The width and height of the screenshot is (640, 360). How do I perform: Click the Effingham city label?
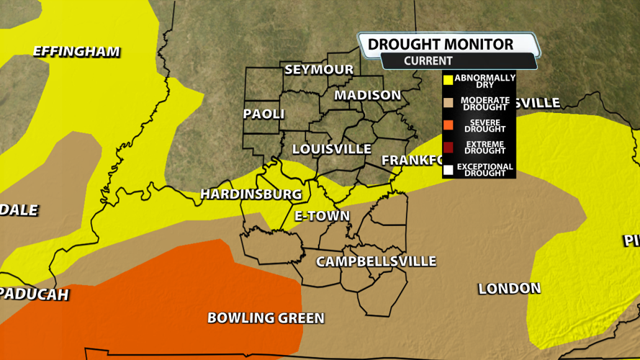click(x=76, y=52)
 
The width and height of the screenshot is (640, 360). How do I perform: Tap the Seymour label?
click(x=319, y=70)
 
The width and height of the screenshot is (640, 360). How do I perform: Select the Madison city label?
click(x=367, y=95)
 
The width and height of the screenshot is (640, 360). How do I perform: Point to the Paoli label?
click(x=263, y=114)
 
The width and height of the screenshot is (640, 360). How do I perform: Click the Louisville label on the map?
click(x=331, y=149)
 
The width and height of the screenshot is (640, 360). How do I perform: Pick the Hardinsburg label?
click(x=251, y=194)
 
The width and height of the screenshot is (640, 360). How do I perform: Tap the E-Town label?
click(x=322, y=216)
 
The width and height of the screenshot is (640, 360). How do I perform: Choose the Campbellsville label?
click(x=376, y=261)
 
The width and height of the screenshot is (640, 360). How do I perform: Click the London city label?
click(x=509, y=289)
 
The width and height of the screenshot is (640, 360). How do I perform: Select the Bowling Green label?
click(x=266, y=318)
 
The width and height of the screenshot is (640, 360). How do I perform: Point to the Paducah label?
click(x=34, y=294)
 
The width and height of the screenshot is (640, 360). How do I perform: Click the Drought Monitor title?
click(x=441, y=45)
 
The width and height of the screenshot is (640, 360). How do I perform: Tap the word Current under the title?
click(x=428, y=61)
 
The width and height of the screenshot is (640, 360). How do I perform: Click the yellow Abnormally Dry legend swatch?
click(x=448, y=80)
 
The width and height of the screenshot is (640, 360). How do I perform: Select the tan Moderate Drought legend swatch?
click(x=448, y=103)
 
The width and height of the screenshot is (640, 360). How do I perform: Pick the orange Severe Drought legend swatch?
click(x=448, y=125)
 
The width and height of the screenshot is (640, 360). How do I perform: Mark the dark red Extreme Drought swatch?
click(x=448, y=148)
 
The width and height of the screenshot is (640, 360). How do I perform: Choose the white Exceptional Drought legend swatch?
click(x=448, y=170)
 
